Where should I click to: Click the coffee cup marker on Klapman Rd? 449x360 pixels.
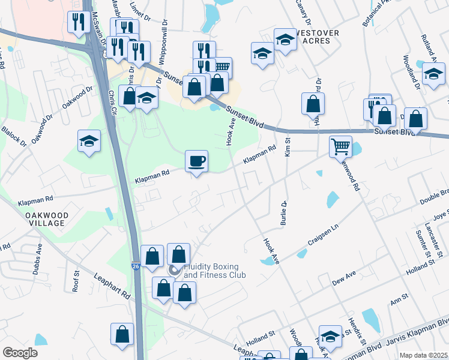[x=196, y=161]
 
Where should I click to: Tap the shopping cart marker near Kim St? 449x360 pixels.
[x=340, y=146]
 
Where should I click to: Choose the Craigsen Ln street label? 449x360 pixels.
[x=324, y=233]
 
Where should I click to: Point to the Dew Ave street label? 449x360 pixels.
[x=344, y=277]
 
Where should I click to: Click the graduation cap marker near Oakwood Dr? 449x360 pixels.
[x=89, y=142]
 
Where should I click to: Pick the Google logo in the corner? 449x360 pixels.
[x=20, y=353]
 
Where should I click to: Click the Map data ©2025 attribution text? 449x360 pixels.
[x=423, y=355]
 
